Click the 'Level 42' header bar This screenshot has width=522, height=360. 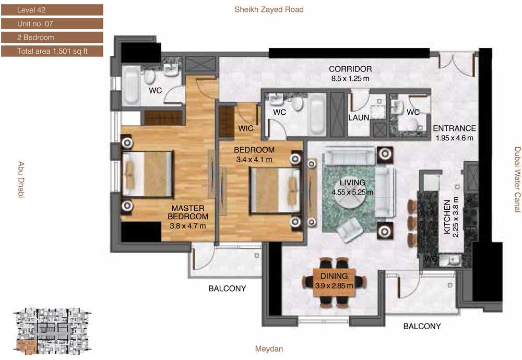click(x=52, y=10)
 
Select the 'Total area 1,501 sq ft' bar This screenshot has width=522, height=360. click(x=52, y=51)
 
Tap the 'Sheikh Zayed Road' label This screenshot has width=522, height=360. click(x=269, y=9)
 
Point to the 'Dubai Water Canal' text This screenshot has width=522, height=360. click(x=517, y=179)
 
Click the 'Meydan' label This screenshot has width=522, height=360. click(x=269, y=349)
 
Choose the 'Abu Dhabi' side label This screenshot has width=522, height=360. click(x=21, y=179)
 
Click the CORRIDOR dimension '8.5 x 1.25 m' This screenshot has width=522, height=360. click(x=350, y=79)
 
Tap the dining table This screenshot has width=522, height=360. click(x=334, y=282)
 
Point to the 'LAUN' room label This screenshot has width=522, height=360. click(x=359, y=117)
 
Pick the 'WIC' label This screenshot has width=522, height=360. click(x=246, y=128)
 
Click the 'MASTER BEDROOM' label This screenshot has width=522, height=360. click(x=188, y=212)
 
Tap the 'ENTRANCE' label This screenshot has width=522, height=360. click(x=454, y=128)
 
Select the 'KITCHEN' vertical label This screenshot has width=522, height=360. click(x=447, y=217)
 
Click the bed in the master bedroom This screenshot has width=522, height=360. click(x=148, y=174)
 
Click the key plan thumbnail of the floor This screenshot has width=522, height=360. click(x=52, y=330)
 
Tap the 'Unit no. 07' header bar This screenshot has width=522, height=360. click(x=52, y=23)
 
